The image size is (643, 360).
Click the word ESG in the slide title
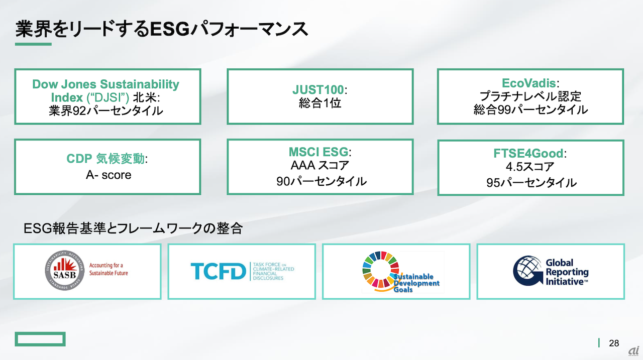169,29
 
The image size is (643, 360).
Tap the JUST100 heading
318,90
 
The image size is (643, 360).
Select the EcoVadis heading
528,83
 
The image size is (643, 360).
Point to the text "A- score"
109,175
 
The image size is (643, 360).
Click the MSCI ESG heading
318,152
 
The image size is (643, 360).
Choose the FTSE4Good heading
528,153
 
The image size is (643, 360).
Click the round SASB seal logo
65,271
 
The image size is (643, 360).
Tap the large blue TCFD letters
218,271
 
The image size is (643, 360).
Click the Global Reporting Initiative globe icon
527,271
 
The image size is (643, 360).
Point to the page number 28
614,343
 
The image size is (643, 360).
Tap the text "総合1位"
320,103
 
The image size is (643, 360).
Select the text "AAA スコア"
320,166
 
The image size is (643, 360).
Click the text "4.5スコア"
530,167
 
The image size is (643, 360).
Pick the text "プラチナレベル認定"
530,96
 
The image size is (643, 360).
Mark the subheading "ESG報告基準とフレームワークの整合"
133,228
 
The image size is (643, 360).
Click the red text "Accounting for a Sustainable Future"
109,269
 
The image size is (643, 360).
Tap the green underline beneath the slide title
33,44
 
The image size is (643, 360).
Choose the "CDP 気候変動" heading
105,159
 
